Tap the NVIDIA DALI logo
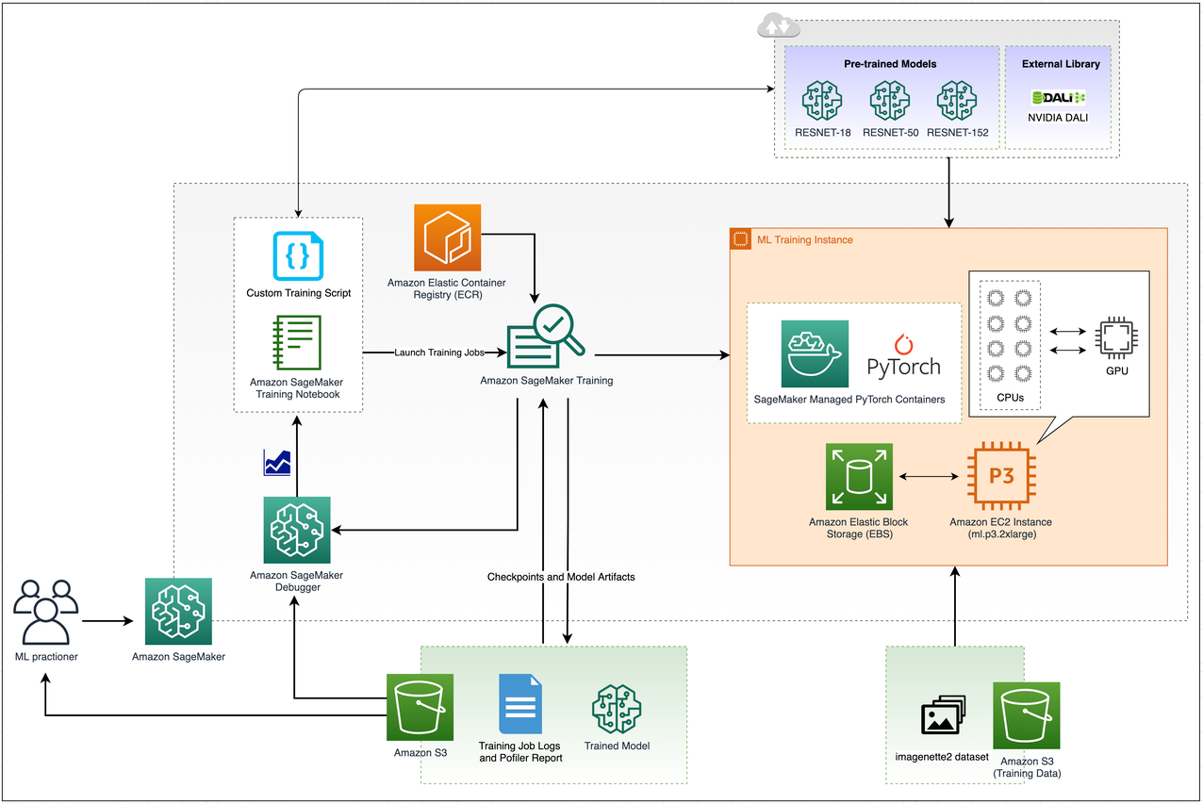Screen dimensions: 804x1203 (x=1059, y=97)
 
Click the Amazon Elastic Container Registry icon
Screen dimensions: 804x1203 (x=447, y=238)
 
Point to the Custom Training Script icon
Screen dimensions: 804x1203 (x=298, y=256)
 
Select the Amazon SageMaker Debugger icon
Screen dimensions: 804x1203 (x=297, y=530)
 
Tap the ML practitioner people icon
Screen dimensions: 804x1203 (x=45, y=613)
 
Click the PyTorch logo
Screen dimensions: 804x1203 (x=902, y=355)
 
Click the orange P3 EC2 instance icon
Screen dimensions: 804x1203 (x=1001, y=478)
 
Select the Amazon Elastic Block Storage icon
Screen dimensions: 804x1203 (x=859, y=478)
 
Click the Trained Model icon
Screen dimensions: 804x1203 (x=617, y=708)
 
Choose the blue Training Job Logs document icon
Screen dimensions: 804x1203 (x=519, y=705)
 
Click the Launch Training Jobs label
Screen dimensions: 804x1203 (x=438, y=353)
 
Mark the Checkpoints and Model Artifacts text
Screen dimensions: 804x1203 (x=561, y=577)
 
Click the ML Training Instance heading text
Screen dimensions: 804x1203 (x=804, y=240)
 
